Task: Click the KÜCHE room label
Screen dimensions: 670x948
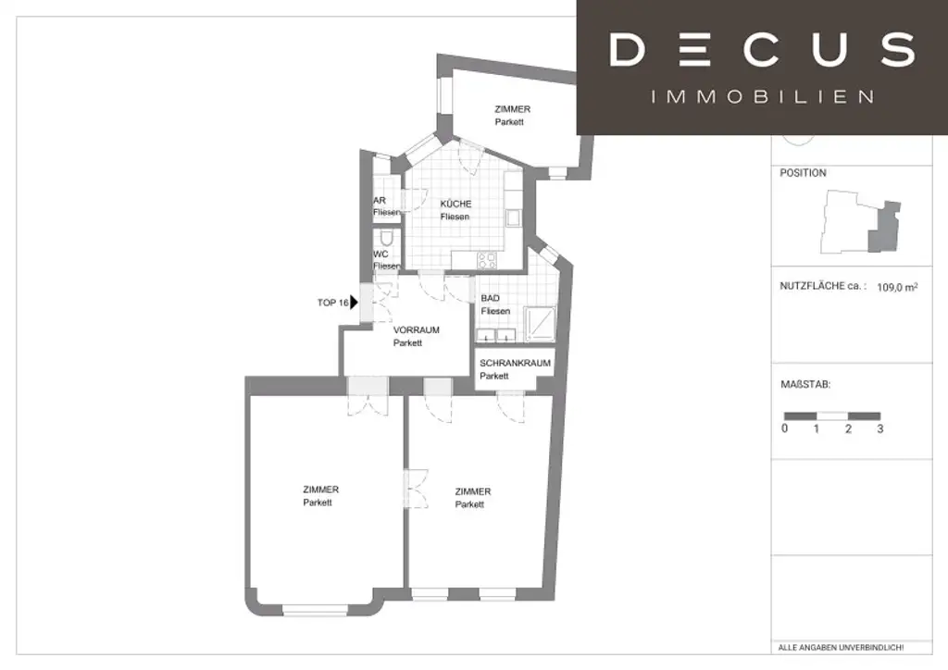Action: click(455, 205)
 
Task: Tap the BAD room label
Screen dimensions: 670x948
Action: click(491, 299)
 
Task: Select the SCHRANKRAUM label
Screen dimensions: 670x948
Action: click(515, 364)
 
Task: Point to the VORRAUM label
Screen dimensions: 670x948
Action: click(416, 330)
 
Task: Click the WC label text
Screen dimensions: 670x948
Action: click(380, 254)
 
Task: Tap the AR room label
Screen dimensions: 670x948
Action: click(379, 200)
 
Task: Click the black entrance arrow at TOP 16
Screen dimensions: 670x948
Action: click(355, 302)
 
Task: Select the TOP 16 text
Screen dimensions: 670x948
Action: click(332, 303)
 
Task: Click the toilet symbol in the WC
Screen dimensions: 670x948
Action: click(386, 239)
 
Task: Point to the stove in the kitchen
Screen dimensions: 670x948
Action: click(486, 260)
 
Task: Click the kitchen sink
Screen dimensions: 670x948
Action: click(512, 218)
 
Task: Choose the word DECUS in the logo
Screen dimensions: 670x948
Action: click(762, 49)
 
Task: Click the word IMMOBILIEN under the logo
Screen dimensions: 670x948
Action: click(763, 96)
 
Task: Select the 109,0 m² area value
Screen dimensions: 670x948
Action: click(897, 288)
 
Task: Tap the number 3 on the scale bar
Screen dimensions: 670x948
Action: click(880, 429)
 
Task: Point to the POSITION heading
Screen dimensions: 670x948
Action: click(803, 173)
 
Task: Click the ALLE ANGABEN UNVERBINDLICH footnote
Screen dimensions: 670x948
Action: click(842, 647)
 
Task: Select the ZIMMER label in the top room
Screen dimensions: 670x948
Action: click(512, 110)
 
